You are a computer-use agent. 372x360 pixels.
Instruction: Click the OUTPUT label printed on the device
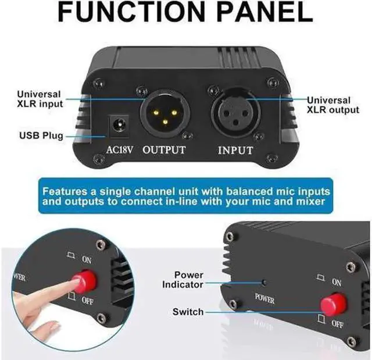tap(164, 150)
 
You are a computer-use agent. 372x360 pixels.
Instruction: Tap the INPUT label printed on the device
tap(235, 151)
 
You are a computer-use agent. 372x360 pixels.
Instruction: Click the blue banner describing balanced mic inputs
tap(185, 197)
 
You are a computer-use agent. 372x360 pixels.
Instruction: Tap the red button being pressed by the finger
tap(84, 281)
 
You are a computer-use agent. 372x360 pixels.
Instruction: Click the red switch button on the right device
tap(332, 304)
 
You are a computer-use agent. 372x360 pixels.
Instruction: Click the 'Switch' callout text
tap(187, 312)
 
